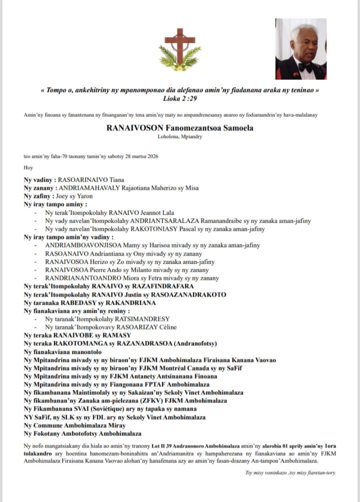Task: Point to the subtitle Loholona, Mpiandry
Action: tap(179, 137)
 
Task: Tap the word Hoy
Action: tap(28, 168)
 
